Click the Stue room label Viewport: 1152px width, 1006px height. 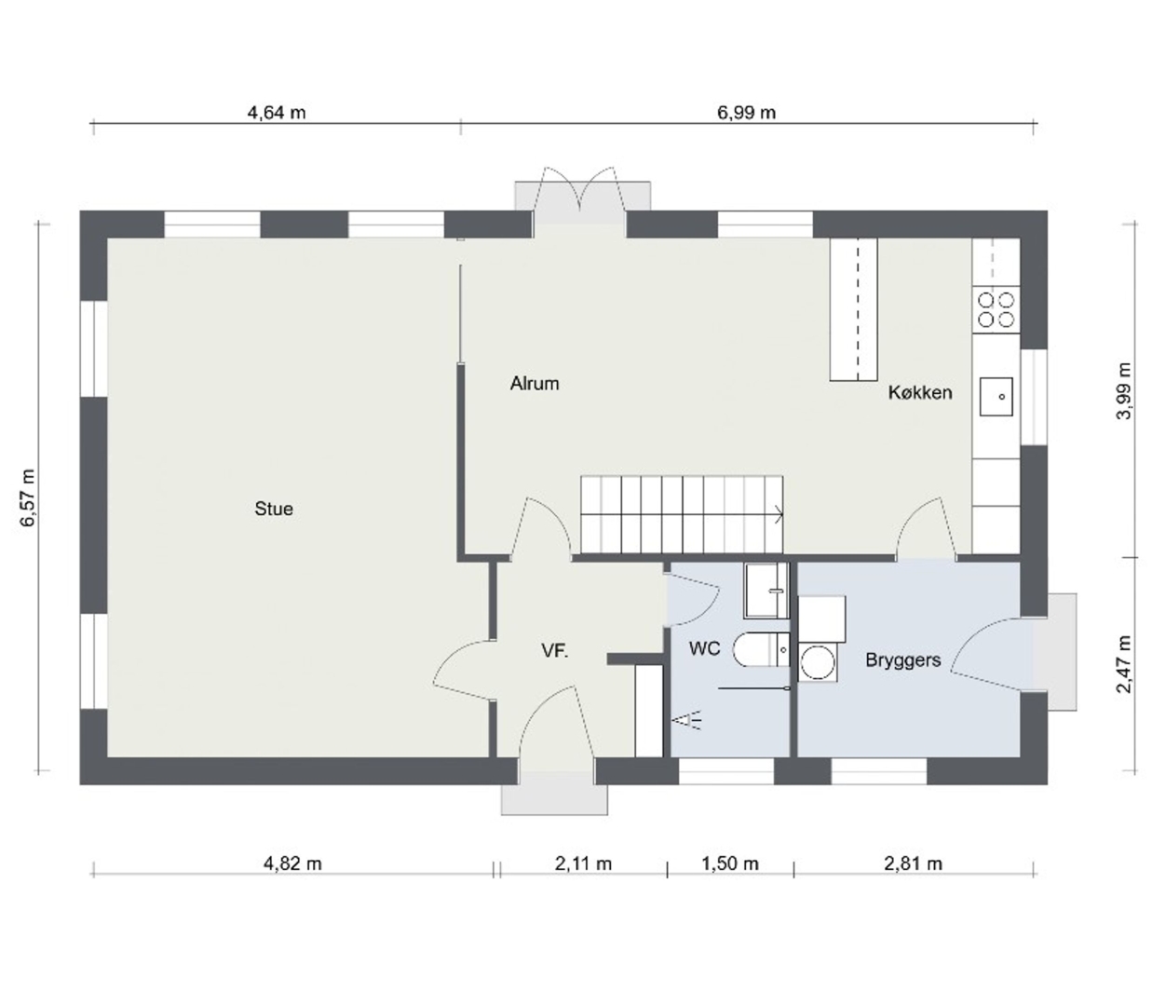coord(274,509)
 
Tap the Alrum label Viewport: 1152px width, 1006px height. coord(535,384)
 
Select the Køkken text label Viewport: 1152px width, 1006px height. coord(920,392)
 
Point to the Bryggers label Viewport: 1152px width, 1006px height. coord(903,659)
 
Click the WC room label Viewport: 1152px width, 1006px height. coord(704,648)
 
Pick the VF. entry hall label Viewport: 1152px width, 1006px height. coord(555,651)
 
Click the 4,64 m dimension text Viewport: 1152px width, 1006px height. coord(277,113)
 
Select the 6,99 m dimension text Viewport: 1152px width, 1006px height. coord(746,113)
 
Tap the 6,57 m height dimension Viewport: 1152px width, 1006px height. coord(28,497)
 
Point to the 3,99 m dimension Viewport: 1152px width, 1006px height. coord(1124,390)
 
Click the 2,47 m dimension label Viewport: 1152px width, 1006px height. coord(1124,665)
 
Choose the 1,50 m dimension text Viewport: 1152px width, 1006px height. coord(730,863)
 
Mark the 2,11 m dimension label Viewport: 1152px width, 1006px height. coord(583,863)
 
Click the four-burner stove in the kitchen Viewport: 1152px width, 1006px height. coord(996,309)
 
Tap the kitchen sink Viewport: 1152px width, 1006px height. coord(996,396)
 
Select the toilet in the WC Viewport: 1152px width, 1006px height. coord(761,649)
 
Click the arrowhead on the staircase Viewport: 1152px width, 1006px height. coord(779,514)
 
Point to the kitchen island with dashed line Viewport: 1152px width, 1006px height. coord(854,309)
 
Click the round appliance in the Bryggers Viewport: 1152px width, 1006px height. coord(818,662)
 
